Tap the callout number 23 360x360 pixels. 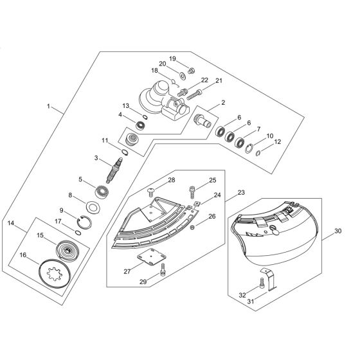pyautogui.click(x=241, y=192)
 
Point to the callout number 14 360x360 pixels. pyautogui.click(x=10, y=223)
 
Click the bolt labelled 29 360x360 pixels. pyautogui.click(x=165, y=270)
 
